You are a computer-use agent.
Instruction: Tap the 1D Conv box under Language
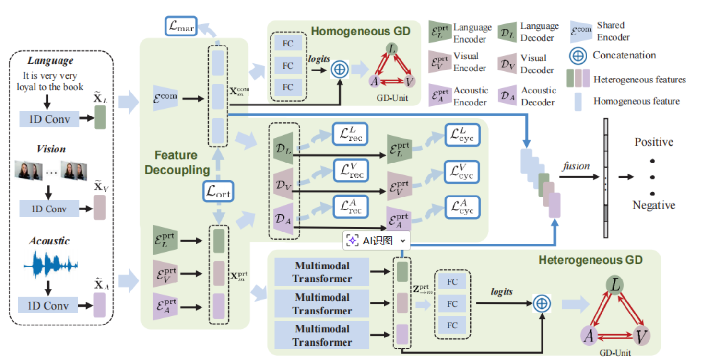coord(49,119)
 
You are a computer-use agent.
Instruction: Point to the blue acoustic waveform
coord(51,265)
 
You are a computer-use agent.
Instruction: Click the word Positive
coord(654,142)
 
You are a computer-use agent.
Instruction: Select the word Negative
coord(654,205)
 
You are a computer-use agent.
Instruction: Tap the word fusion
coord(576,166)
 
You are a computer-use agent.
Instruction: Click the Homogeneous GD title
coord(361,31)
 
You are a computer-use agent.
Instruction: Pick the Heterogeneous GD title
coord(590,260)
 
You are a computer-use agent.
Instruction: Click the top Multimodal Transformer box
coord(322,272)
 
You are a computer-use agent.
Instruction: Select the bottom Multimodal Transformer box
coord(322,336)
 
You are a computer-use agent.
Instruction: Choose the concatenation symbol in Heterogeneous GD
coord(542,303)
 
